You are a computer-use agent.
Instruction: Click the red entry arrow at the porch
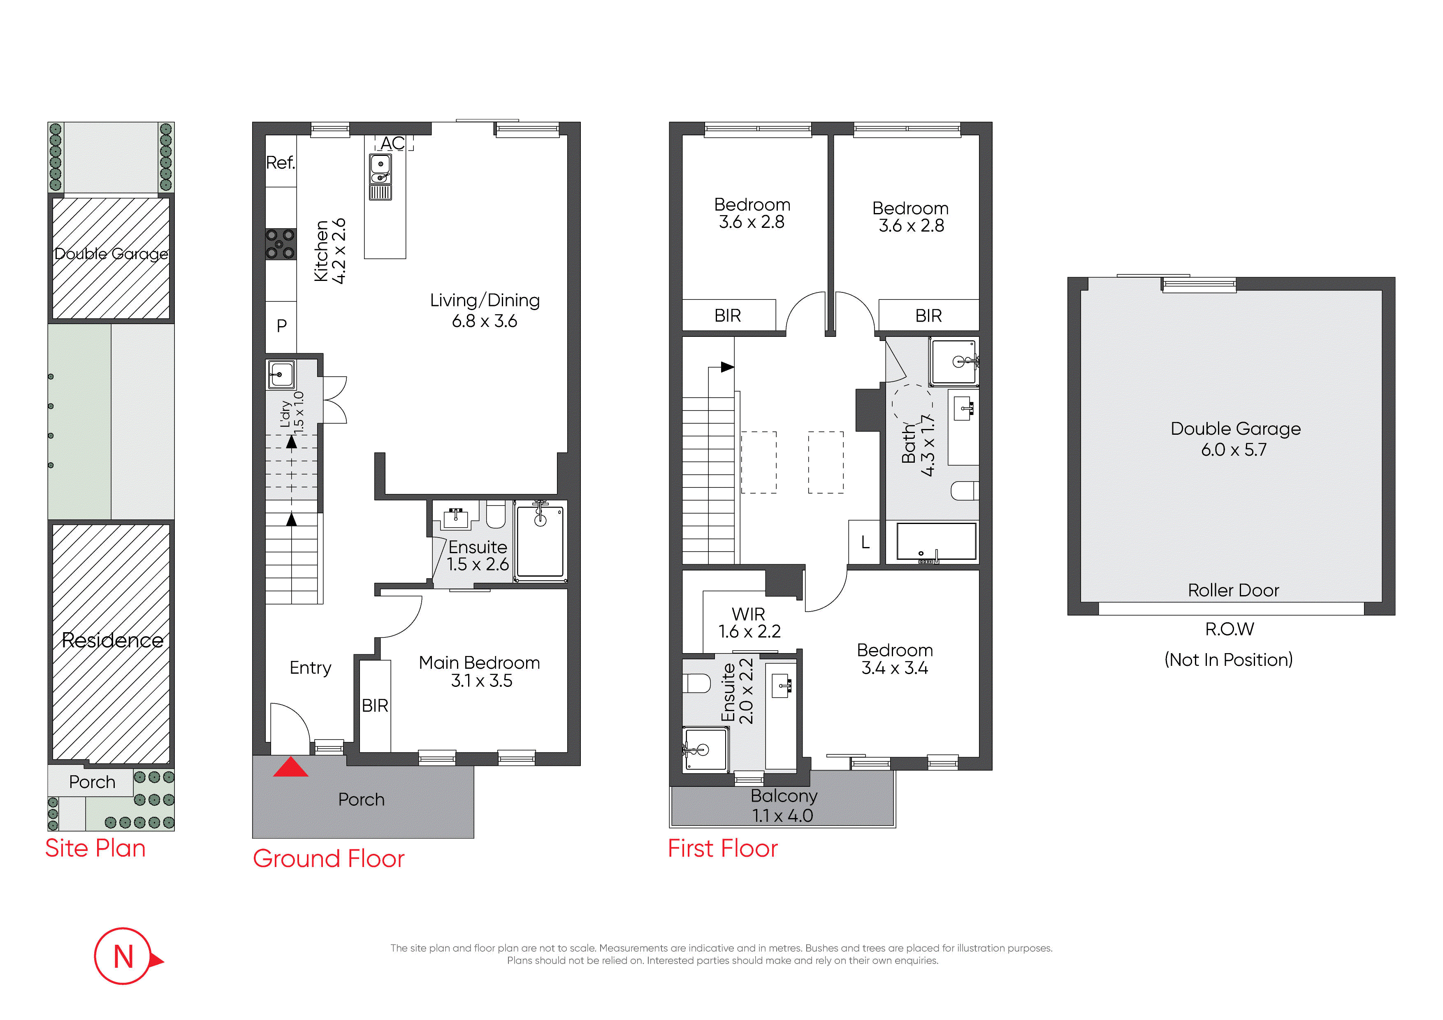point(290,767)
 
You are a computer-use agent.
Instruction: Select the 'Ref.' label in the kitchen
point(280,163)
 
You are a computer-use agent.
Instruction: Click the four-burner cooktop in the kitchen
point(280,244)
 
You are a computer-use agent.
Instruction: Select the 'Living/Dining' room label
point(485,300)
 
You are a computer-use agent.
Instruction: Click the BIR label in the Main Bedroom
point(375,706)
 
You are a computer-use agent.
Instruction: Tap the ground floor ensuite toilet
point(496,514)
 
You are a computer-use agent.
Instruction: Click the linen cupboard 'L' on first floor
point(865,542)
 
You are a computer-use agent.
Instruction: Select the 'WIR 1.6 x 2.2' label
point(749,623)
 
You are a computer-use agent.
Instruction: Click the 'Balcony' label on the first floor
point(784,796)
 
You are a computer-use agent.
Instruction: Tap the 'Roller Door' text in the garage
point(1233,591)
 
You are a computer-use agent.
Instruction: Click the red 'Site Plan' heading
point(95,848)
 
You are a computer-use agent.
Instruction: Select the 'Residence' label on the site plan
point(112,640)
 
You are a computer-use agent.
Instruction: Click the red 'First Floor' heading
point(723,848)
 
